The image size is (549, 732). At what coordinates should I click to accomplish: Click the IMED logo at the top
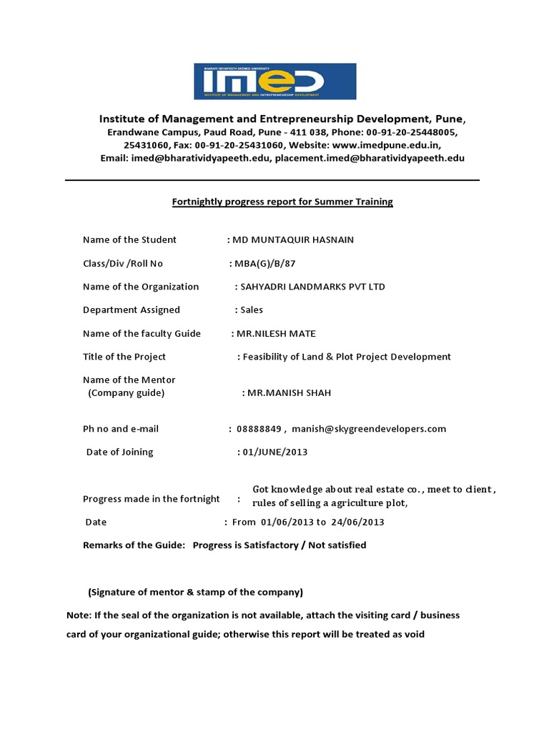pyautogui.click(x=274, y=81)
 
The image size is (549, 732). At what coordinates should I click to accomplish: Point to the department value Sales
pyautogui.click(x=252, y=310)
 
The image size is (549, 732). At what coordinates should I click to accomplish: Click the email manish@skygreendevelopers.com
pyautogui.click(x=369, y=429)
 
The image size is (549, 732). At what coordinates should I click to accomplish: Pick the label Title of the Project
pyautogui.click(x=124, y=357)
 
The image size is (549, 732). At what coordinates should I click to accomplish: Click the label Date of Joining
pyautogui.click(x=119, y=452)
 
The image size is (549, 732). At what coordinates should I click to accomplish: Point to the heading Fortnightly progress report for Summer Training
pyautogui.click(x=282, y=202)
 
